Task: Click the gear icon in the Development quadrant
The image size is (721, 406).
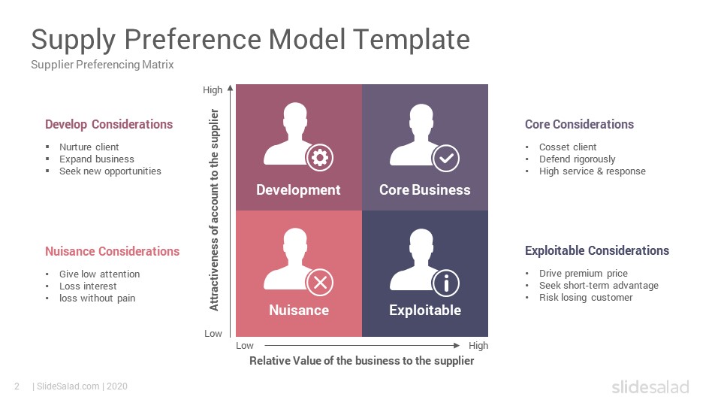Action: point(320,158)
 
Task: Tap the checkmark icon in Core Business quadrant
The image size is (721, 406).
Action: point(445,159)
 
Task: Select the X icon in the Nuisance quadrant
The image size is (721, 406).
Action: point(320,282)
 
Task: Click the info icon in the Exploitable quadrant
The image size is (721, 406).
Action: point(445,283)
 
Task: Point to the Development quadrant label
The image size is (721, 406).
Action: point(298,189)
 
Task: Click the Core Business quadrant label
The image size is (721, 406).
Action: point(425,189)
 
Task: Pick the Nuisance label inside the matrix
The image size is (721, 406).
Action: point(299,310)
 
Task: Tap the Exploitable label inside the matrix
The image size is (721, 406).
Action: point(425,311)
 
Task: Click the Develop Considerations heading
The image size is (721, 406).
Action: point(109,124)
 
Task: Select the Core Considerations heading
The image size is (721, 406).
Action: point(579,124)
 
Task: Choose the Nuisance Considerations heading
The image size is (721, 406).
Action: point(112,251)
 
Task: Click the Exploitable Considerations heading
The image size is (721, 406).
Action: point(597,250)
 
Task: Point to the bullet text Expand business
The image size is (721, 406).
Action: point(97,159)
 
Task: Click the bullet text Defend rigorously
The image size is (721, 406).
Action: point(577,159)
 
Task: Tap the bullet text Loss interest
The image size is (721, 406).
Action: point(88,286)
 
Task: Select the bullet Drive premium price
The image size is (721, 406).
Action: point(584,274)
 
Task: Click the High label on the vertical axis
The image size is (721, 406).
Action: point(213,89)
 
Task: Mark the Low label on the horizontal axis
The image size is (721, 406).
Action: point(245,346)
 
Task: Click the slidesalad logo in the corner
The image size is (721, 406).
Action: point(650,386)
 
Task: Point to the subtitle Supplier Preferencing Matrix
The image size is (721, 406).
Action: point(102,65)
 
